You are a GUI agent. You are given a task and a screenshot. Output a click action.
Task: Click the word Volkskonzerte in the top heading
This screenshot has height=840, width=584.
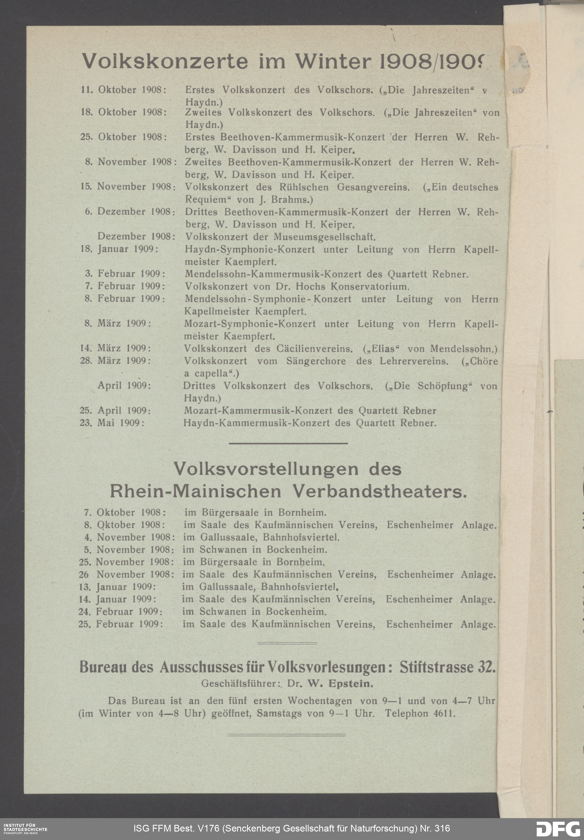(x=165, y=61)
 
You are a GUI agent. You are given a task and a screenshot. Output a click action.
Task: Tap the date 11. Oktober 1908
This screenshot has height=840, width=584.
(x=123, y=90)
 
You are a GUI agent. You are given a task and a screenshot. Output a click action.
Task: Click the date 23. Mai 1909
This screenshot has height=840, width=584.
(x=112, y=423)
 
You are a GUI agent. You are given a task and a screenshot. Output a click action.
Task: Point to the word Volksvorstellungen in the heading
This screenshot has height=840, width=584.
(x=266, y=469)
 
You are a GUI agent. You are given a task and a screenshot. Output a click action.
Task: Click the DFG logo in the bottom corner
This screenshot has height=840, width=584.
(x=558, y=829)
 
